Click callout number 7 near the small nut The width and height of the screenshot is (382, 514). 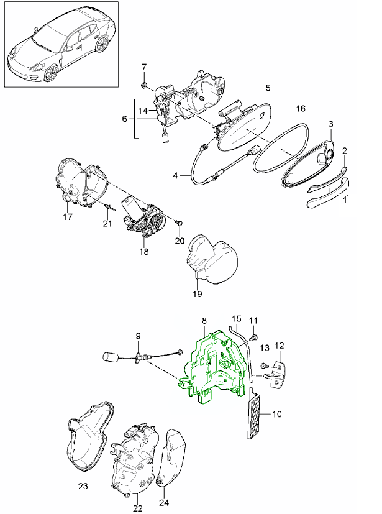pos(144,67)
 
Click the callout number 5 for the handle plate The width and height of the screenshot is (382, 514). pos(268,88)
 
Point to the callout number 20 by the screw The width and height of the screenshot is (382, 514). pos(180,241)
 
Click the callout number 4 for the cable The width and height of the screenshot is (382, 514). pos(176,176)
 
